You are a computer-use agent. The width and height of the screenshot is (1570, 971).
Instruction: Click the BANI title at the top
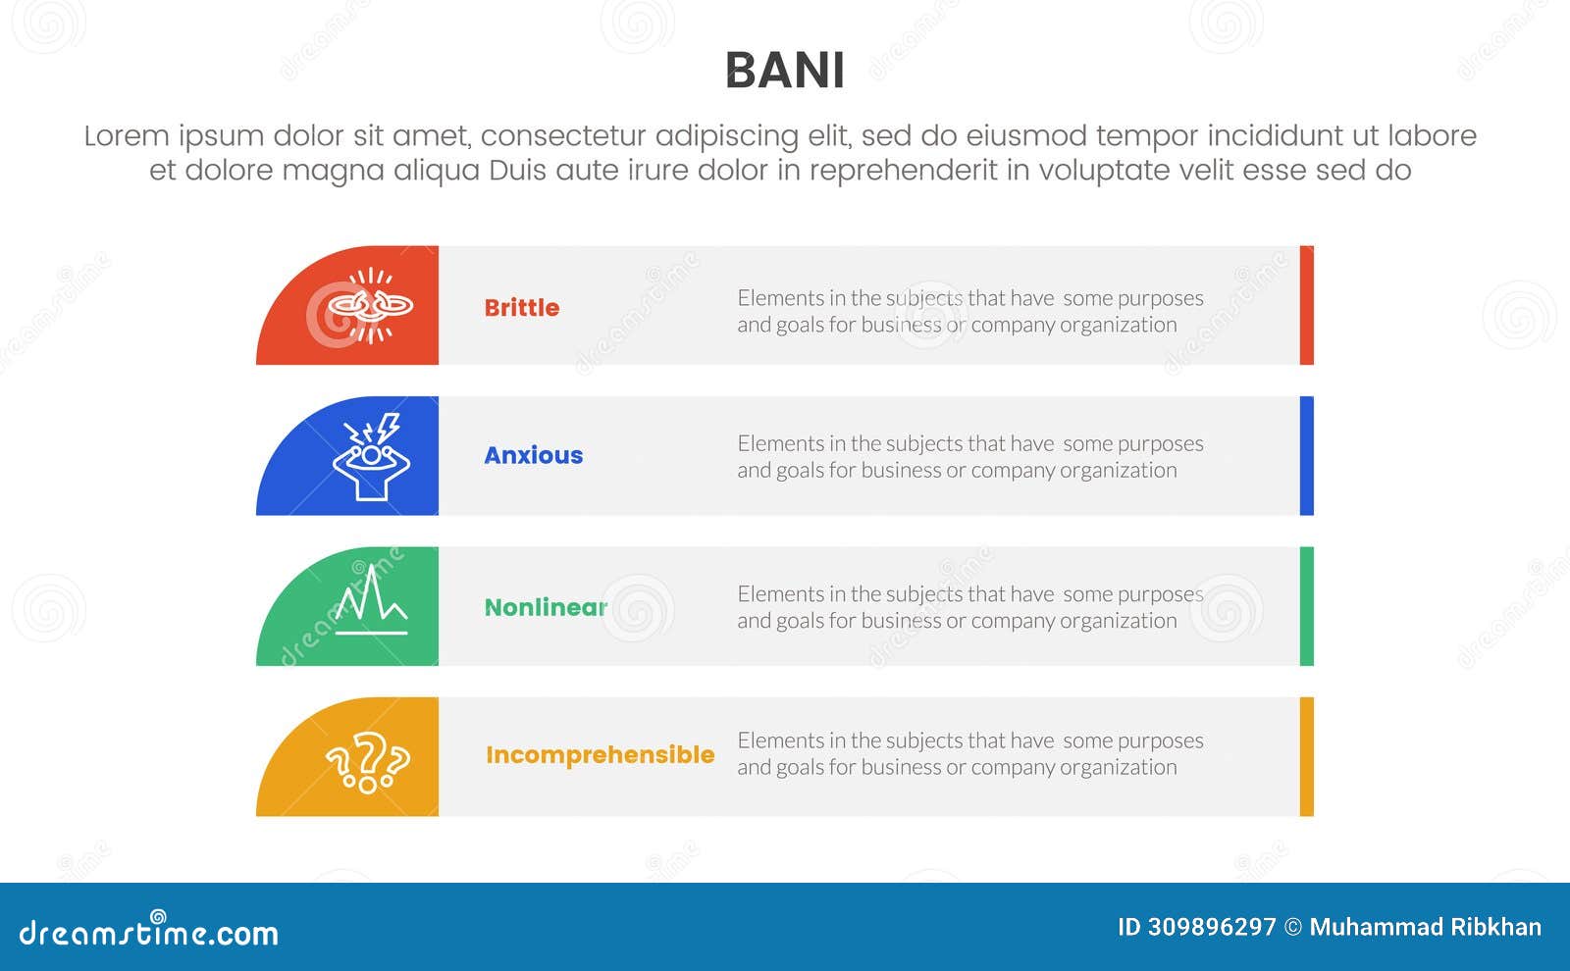point(784,71)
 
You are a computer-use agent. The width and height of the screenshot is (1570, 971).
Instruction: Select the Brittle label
point(521,308)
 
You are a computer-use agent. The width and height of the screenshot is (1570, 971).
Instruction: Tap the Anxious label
point(533,455)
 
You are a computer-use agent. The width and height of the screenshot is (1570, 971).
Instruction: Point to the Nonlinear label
point(546,607)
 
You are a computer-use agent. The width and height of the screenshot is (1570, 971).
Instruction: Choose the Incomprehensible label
point(600,754)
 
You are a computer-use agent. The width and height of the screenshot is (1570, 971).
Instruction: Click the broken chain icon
point(370,306)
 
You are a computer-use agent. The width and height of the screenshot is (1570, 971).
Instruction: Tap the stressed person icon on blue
point(370,456)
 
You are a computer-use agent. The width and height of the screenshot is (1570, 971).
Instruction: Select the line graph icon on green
point(370,603)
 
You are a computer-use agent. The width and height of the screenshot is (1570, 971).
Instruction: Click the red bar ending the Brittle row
point(1306,305)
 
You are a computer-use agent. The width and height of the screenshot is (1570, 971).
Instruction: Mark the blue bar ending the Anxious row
point(1306,456)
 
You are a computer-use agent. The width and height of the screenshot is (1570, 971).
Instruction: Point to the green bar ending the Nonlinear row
point(1306,606)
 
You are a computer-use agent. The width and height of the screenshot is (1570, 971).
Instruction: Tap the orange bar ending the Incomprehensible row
point(1306,756)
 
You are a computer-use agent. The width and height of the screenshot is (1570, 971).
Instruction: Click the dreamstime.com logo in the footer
point(149,932)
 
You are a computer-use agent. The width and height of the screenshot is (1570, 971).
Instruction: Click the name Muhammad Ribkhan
point(1425,927)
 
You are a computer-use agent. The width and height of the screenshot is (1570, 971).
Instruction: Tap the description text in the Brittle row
point(969,311)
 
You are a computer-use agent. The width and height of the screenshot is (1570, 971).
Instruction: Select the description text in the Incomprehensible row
point(969,753)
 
